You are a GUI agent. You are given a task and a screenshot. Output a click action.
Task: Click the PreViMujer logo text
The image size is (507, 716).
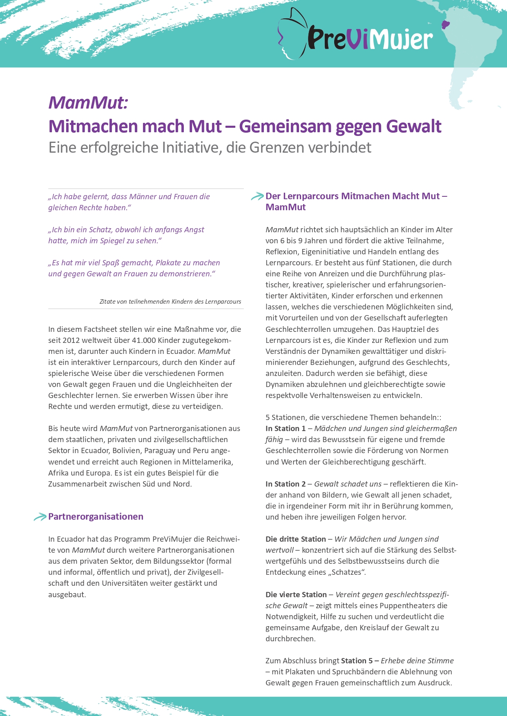tap(370, 39)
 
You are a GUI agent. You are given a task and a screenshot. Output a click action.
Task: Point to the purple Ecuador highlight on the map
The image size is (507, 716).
tap(445, 24)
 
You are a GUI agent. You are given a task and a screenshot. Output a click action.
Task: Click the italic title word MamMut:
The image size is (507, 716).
tap(88, 102)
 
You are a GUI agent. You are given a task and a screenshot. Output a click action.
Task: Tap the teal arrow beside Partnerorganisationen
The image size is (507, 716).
tap(40, 517)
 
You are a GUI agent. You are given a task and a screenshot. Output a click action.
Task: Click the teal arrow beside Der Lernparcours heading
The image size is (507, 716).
tap(257, 196)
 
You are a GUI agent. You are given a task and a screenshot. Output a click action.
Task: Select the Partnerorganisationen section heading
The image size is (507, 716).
tap(96, 516)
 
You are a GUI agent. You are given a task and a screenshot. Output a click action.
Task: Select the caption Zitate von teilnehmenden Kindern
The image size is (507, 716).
tap(170, 302)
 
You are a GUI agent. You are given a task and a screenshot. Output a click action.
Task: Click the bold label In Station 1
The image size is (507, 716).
tap(286, 429)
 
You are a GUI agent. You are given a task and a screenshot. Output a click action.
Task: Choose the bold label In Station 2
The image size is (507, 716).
tap(286, 484)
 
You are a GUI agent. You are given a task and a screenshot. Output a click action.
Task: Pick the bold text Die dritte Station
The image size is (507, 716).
tap(296, 539)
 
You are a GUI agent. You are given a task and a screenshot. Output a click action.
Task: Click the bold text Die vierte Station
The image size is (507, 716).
tap(296, 595)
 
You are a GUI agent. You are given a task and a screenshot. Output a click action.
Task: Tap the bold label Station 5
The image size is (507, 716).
tap(357, 661)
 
